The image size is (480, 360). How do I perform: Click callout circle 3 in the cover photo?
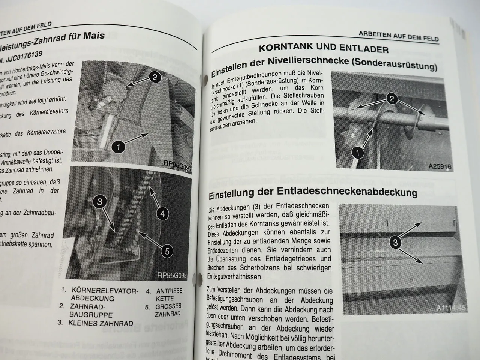[x=395, y=243]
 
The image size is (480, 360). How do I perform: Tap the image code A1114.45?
[x=451, y=308]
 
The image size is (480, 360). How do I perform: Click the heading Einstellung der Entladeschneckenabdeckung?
[x=313, y=192]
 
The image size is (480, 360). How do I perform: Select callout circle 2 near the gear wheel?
[x=154, y=78]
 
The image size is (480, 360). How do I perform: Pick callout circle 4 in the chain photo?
[x=162, y=214]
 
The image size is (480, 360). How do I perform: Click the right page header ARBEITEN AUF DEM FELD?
[x=398, y=36]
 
